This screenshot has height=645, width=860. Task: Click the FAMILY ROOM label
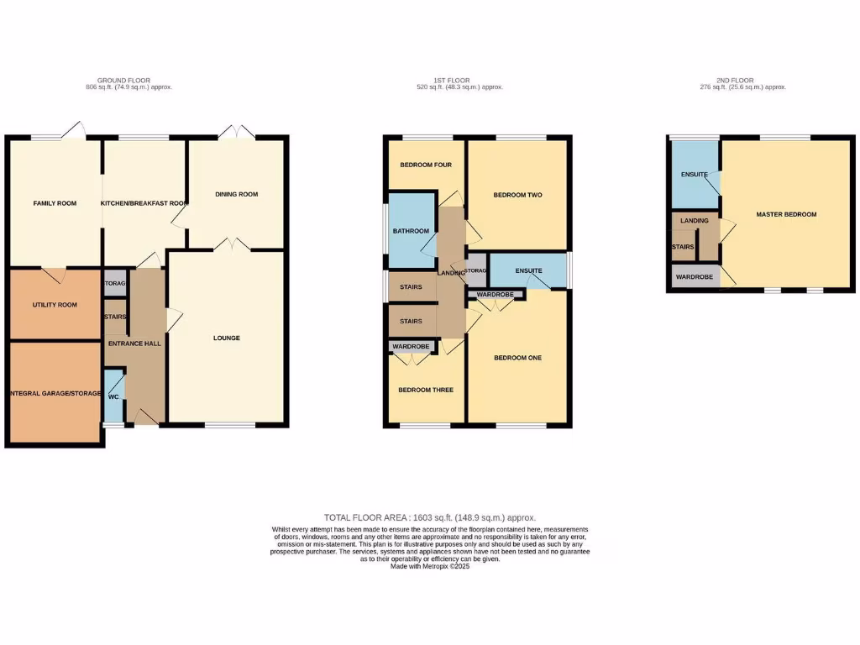55,203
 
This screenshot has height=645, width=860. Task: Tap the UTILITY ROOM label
55,305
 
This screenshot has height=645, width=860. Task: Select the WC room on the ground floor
113,396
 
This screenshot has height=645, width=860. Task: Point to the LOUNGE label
226,338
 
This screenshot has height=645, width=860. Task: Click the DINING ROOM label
236,194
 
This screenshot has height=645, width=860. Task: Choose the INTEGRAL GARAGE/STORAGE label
55,393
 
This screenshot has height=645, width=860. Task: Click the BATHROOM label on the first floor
412,231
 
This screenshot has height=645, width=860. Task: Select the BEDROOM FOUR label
426,165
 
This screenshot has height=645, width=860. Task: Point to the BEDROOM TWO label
517,195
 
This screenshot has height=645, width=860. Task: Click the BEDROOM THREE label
426,390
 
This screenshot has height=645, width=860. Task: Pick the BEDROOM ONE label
517,358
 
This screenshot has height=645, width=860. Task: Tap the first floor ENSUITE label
528,270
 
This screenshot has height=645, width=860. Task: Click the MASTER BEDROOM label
786,214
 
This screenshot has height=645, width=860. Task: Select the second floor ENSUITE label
694,175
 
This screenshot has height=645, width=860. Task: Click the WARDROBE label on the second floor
694,276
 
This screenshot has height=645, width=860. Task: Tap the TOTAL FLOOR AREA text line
430,518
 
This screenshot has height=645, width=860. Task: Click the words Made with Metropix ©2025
430,566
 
